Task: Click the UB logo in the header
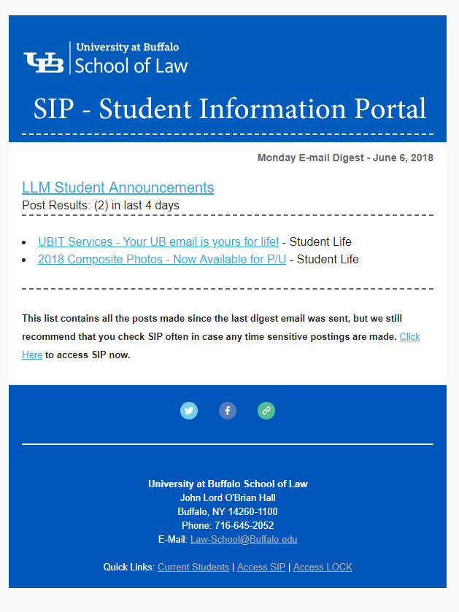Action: [x=44, y=62]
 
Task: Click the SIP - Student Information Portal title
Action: [x=229, y=109]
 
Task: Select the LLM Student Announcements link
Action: [x=117, y=187]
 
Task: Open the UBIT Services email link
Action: [x=158, y=241]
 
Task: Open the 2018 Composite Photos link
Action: [x=161, y=259]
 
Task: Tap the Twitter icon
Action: [x=189, y=411]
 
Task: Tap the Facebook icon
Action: [x=228, y=411]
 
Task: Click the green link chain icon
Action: [x=266, y=411]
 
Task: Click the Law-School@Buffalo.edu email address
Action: [x=244, y=540]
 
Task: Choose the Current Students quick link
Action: [x=193, y=567]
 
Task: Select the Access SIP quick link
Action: [x=261, y=567]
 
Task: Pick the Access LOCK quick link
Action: [x=323, y=567]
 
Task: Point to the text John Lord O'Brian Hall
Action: [x=228, y=497]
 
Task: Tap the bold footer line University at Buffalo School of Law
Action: [x=228, y=484]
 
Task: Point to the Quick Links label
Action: [x=128, y=567]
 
